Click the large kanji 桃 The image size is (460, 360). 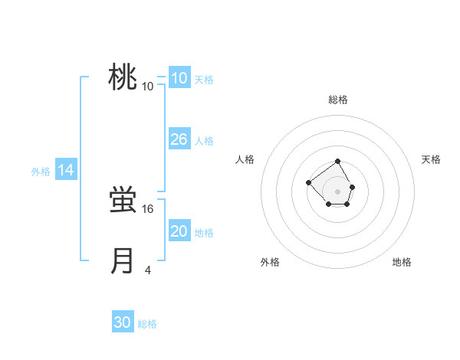point(123,77)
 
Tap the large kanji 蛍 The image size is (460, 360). point(123,200)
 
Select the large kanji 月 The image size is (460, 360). point(123,261)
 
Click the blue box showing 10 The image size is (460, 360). point(179,78)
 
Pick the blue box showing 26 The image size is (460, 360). point(179,139)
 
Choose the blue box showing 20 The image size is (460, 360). point(179,231)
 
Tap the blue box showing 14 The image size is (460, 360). point(66,171)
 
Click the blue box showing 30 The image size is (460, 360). point(123,323)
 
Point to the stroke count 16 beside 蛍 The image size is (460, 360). point(148,208)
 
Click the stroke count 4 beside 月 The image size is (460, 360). point(148,270)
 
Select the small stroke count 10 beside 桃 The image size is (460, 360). point(148,86)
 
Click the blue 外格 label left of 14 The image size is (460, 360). point(41,172)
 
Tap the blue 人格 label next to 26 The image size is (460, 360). point(204,141)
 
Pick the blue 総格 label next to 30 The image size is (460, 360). point(147,324)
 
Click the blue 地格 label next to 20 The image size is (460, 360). point(204,233)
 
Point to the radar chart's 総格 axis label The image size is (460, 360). point(338,100)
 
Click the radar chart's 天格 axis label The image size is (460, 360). point(432,159)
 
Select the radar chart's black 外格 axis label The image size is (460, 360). point(270,262)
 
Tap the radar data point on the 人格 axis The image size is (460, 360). point(308,182)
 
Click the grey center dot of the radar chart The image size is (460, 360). point(338,191)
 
